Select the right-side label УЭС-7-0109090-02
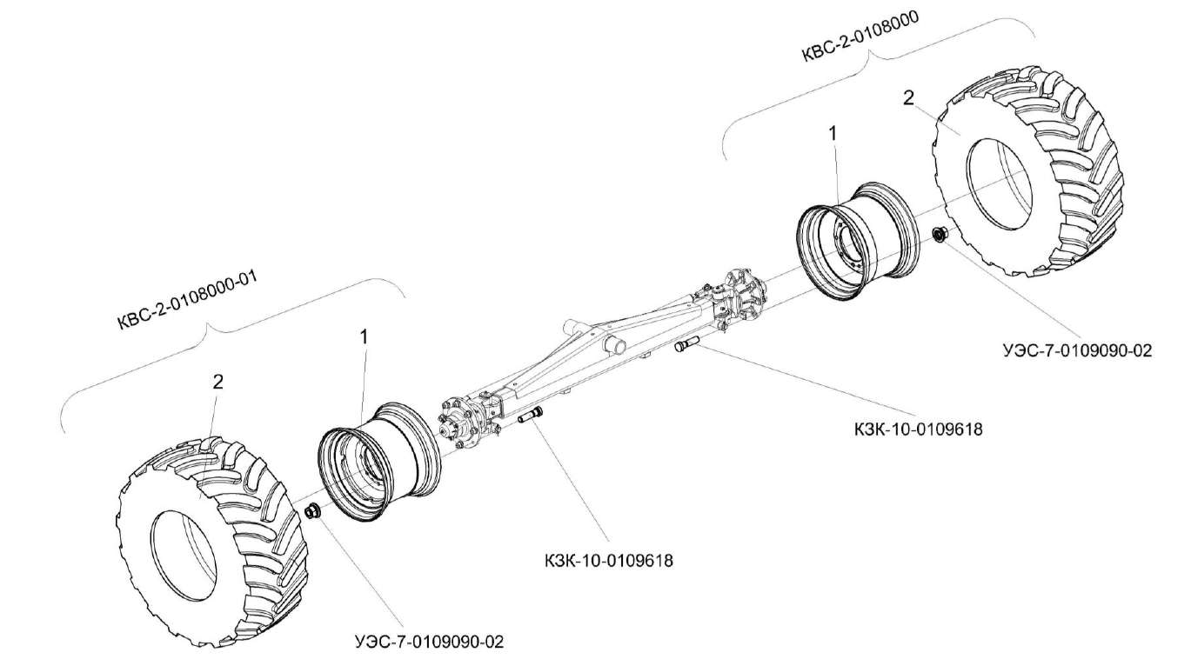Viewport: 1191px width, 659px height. [x=1076, y=350]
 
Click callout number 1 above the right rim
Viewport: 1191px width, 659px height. [x=833, y=133]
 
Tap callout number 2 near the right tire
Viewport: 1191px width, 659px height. [x=908, y=98]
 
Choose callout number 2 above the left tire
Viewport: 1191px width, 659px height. [x=218, y=381]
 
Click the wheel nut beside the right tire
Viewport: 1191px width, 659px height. [x=940, y=234]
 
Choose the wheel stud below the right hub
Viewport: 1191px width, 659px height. [x=686, y=347]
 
